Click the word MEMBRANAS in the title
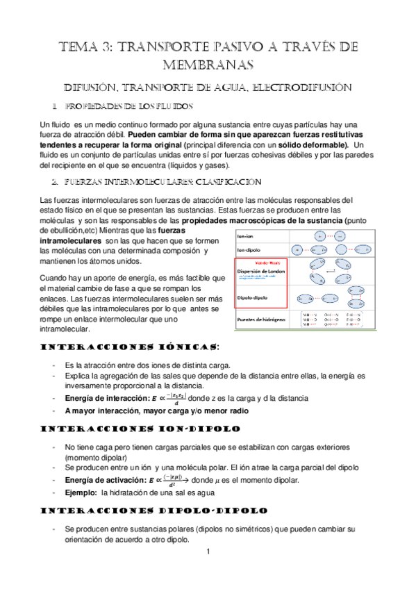(x=208, y=65)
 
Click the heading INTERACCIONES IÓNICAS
(x=131, y=347)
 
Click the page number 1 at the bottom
(x=208, y=553)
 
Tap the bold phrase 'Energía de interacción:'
(x=102, y=399)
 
